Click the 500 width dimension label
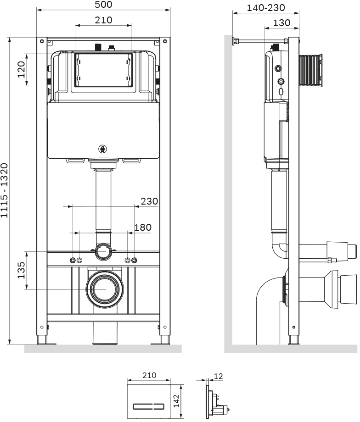click(104, 5)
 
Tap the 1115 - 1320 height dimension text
click(5, 191)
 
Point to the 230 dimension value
click(149, 201)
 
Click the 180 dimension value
click(142, 228)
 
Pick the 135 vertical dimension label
click(21, 270)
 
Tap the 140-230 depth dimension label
click(266, 8)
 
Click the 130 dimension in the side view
click(281, 22)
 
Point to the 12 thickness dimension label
click(218, 376)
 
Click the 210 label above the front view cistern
click(103, 20)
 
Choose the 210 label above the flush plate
click(149, 375)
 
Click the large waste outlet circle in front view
click(104, 289)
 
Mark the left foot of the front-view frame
click(42, 340)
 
